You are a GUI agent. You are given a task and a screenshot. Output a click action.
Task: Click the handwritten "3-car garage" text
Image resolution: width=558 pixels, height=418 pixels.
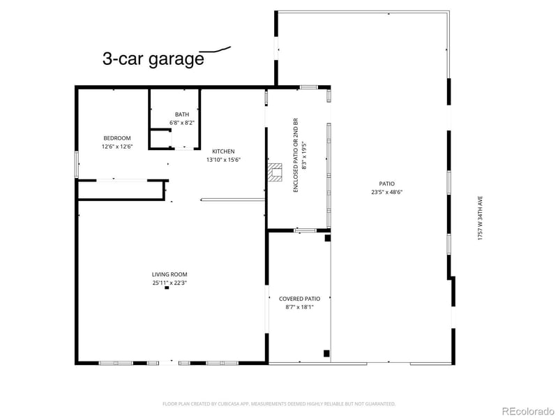pyautogui.click(x=153, y=59)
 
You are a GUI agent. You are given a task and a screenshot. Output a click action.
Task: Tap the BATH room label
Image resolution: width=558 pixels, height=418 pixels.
pyautogui.click(x=181, y=114)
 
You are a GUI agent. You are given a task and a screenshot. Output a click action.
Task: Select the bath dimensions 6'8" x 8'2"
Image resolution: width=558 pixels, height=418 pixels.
pyautogui.click(x=181, y=123)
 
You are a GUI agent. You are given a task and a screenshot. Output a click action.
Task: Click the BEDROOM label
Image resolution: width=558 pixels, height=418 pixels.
pyautogui.click(x=117, y=138)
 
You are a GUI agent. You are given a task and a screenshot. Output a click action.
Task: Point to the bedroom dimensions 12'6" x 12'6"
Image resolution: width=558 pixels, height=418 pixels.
pyautogui.click(x=117, y=147)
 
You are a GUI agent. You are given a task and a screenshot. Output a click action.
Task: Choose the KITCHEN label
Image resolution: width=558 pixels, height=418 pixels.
pyautogui.click(x=223, y=151)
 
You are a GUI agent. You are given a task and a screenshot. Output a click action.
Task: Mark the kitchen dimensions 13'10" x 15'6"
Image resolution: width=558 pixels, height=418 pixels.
pyautogui.click(x=223, y=160)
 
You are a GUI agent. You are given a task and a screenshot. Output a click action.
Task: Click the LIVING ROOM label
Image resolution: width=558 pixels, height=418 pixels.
pyautogui.click(x=169, y=274)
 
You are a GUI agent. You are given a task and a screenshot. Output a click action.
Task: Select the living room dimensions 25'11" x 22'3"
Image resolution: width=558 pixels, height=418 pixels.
pyautogui.click(x=169, y=283)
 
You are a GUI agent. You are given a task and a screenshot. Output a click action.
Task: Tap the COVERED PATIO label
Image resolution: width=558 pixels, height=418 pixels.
pyautogui.click(x=299, y=299)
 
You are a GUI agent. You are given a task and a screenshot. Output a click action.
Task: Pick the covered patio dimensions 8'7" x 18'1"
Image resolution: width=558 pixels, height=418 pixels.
pyautogui.click(x=299, y=307)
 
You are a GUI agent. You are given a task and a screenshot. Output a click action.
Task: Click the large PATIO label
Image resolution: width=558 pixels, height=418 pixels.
pyautogui.click(x=387, y=184)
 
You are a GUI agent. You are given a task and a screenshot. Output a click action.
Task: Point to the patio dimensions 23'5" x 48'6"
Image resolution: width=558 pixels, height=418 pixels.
pyautogui.click(x=387, y=192)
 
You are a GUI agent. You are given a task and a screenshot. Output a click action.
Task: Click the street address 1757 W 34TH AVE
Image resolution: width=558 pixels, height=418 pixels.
pyautogui.click(x=480, y=217)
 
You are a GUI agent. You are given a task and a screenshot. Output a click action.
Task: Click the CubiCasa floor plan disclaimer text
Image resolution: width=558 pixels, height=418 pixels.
pyautogui.click(x=279, y=403)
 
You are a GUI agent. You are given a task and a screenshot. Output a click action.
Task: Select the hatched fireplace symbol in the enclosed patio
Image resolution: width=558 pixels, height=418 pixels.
pyautogui.click(x=276, y=172)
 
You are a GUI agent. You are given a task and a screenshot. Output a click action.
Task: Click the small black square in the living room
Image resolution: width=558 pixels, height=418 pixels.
pyautogui.click(x=167, y=288)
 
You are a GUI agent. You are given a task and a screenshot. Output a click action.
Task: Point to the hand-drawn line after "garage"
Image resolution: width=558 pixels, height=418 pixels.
pyautogui.click(x=216, y=50)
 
